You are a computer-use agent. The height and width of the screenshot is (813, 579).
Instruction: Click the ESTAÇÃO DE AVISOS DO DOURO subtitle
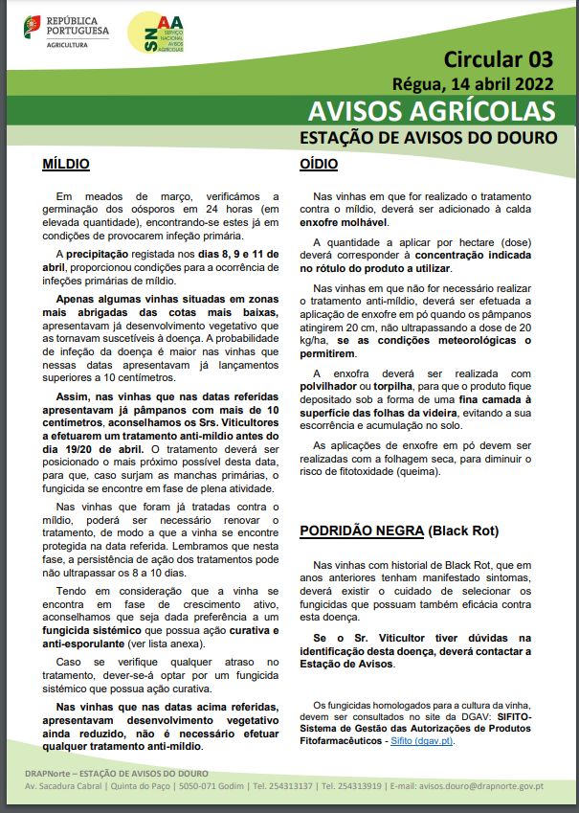coord(429,137)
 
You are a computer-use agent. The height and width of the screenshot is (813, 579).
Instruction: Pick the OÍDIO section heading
coord(319,164)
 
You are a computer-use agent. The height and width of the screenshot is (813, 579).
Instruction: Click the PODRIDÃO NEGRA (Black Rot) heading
coord(399,530)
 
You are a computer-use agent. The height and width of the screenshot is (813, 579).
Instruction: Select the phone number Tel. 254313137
coord(281,785)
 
